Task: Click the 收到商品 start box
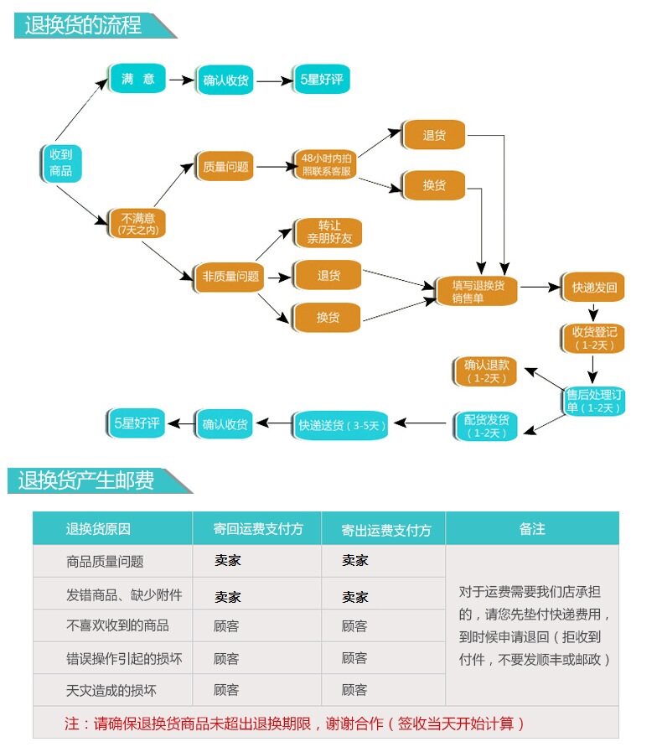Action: [60, 163]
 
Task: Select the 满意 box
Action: [137, 79]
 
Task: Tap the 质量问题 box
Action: [225, 166]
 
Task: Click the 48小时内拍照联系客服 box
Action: [325, 165]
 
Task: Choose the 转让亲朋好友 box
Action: [327, 232]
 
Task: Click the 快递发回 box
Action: [594, 288]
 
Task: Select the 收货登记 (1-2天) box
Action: [594, 338]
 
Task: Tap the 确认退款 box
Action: [487, 371]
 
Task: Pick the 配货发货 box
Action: [486, 426]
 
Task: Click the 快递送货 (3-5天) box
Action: [342, 425]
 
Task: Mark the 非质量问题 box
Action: [230, 276]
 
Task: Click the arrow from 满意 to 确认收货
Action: [180, 80]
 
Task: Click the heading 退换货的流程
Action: [84, 25]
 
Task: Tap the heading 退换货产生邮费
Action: [87, 480]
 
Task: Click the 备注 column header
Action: [531, 529]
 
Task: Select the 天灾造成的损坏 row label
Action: [111, 691]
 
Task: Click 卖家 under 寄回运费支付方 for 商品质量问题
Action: [227, 561]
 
